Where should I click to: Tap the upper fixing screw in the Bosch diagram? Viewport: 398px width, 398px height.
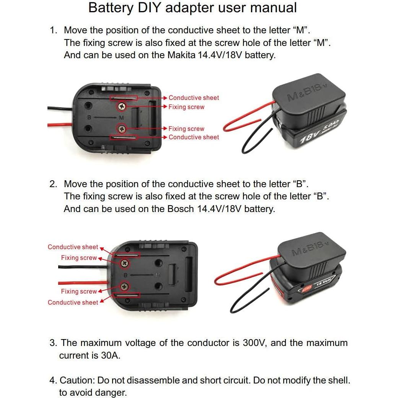click(x=124, y=263)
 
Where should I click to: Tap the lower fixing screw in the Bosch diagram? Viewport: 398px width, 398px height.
click(x=124, y=286)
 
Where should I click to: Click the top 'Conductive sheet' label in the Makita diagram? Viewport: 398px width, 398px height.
click(x=194, y=98)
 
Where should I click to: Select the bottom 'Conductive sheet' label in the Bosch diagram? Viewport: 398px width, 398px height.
click(x=73, y=302)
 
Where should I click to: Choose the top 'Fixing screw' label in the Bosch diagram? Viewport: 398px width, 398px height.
click(x=79, y=258)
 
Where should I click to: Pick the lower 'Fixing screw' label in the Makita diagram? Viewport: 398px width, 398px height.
click(x=186, y=129)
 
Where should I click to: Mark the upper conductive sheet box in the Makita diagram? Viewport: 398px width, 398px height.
click(x=123, y=98)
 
